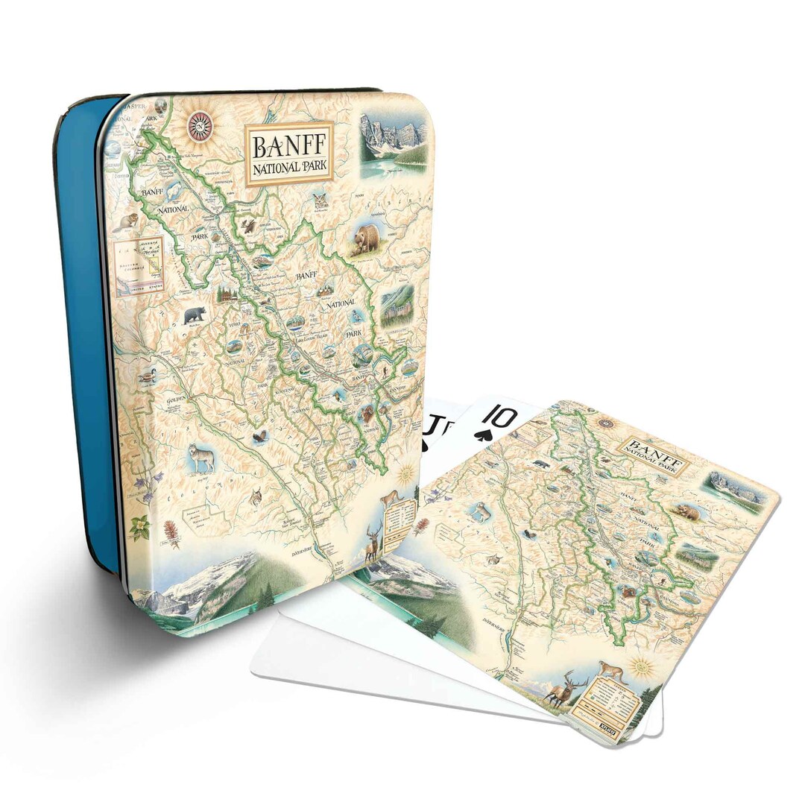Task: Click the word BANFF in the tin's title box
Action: coord(288,144)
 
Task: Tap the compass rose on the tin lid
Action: coord(201,126)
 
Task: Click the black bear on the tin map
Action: coord(195,314)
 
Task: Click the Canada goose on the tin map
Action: coord(147,376)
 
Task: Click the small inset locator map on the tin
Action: coord(139,265)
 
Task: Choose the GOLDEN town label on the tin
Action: coord(170,401)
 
